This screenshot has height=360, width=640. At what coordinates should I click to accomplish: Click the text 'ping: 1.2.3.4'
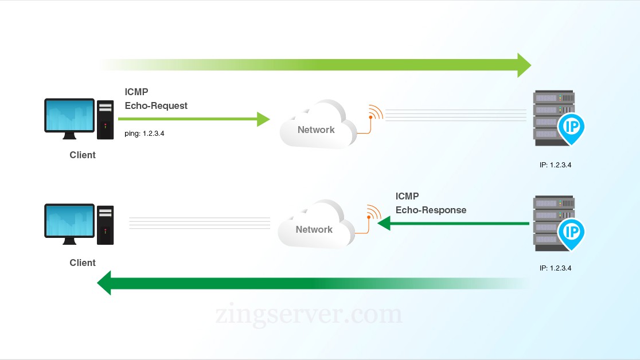tap(148, 134)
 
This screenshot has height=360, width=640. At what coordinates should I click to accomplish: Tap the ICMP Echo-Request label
tap(156, 99)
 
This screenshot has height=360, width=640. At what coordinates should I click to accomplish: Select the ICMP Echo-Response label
tap(431, 203)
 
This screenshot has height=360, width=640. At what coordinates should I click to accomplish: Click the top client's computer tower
tap(105, 120)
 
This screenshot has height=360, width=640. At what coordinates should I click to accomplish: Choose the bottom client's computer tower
tap(105, 225)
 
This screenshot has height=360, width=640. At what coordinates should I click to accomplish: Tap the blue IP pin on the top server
tap(571, 127)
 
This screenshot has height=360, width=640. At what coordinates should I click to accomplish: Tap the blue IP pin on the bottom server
tap(571, 232)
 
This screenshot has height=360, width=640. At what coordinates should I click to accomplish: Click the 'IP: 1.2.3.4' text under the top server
tap(555, 165)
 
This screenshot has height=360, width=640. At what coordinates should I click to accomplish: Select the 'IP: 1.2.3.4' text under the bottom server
tap(555, 268)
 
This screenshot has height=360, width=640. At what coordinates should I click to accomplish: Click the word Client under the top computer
tap(83, 155)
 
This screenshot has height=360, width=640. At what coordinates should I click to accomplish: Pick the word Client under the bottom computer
tap(83, 263)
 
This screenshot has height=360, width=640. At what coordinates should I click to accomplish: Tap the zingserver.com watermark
tap(309, 315)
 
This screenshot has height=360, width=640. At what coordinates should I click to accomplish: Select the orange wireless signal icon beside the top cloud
tap(374, 113)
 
